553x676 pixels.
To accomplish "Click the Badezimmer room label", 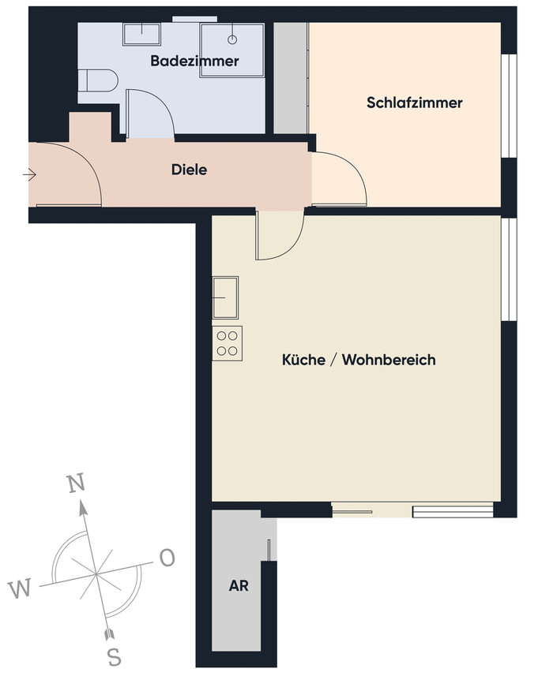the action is [x=194, y=61].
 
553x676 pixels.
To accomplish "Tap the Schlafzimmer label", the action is [x=415, y=103].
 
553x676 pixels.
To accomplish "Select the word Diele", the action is [x=189, y=170].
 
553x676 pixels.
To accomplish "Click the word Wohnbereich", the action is [x=389, y=360].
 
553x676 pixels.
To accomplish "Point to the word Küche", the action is [x=303, y=360].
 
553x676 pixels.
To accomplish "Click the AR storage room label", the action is [x=239, y=586].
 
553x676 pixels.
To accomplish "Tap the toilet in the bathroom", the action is [x=99, y=80].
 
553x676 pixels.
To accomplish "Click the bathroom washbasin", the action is [x=141, y=34].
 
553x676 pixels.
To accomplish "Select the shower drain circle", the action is [x=232, y=39].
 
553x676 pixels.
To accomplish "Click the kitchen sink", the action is [x=225, y=297].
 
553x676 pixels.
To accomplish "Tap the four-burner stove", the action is [x=227, y=344].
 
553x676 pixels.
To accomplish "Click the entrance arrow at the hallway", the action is [x=29, y=175].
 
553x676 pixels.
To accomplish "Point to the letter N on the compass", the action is [x=76, y=484].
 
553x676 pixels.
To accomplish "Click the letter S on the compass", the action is [x=114, y=658].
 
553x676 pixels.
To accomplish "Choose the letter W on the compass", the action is [x=20, y=588].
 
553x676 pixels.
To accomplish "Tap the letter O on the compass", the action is [x=167, y=558].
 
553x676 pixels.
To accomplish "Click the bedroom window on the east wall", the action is [x=509, y=106].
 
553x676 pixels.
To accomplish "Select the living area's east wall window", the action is [x=509, y=270].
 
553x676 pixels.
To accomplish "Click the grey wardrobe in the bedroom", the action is [x=292, y=78].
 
